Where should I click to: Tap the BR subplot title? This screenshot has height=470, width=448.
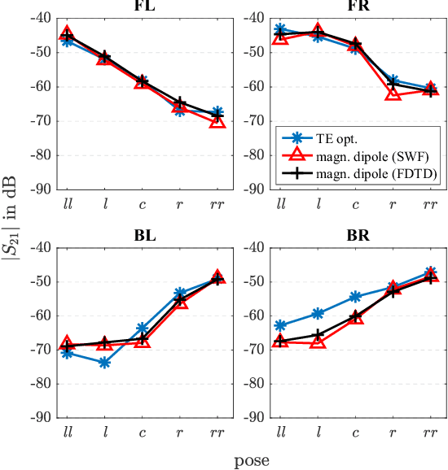point(356,237)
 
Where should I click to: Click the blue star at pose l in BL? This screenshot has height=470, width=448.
point(104,363)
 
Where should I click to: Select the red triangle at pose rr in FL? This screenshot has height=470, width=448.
point(217,121)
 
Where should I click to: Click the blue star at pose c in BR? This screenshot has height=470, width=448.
point(356,298)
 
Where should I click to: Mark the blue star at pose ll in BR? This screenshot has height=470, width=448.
point(281,325)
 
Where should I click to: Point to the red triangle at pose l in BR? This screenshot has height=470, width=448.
point(318,342)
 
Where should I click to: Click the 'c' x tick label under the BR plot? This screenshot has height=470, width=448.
point(356,431)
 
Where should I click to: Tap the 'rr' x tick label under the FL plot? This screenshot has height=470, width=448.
point(217,202)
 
